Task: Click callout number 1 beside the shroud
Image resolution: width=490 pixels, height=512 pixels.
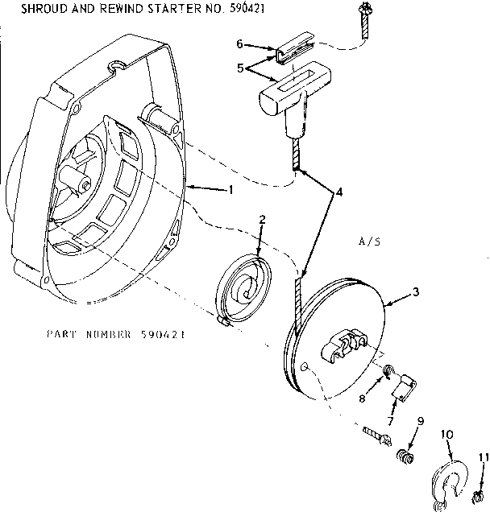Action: click(230, 190)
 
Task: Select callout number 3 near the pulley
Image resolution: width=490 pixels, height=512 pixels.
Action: click(415, 294)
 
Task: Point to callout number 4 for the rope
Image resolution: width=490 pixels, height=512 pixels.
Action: click(340, 192)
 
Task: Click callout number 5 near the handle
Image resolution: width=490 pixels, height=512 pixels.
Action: click(239, 68)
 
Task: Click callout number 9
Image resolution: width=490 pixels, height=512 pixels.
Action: click(420, 421)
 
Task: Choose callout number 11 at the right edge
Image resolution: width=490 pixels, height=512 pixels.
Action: click(484, 457)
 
